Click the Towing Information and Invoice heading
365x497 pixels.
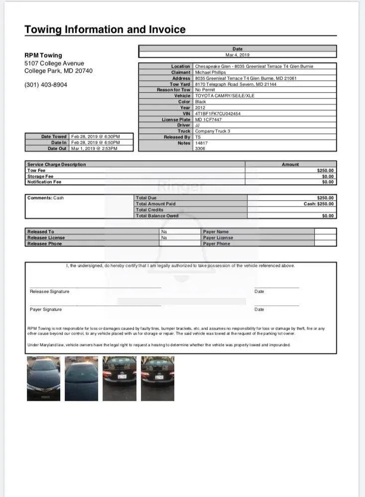point(105,29)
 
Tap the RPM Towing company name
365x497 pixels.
point(43,55)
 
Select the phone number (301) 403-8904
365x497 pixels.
point(46,85)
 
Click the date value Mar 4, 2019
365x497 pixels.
point(238,55)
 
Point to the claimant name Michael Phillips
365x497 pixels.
point(210,72)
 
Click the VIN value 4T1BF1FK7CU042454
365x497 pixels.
point(218,114)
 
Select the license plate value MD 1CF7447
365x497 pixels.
point(208,120)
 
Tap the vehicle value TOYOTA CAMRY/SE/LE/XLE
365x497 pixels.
point(225,96)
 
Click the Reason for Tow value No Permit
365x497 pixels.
point(207,90)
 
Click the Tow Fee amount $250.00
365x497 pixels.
point(326,170)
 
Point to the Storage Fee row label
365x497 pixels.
point(40,176)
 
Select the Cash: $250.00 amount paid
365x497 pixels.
point(319,204)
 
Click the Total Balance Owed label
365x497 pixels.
point(157,216)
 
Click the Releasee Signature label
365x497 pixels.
point(50,291)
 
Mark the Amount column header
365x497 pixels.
point(290,164)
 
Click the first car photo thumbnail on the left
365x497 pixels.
point(43,378)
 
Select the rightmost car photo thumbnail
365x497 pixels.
point(157,378)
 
